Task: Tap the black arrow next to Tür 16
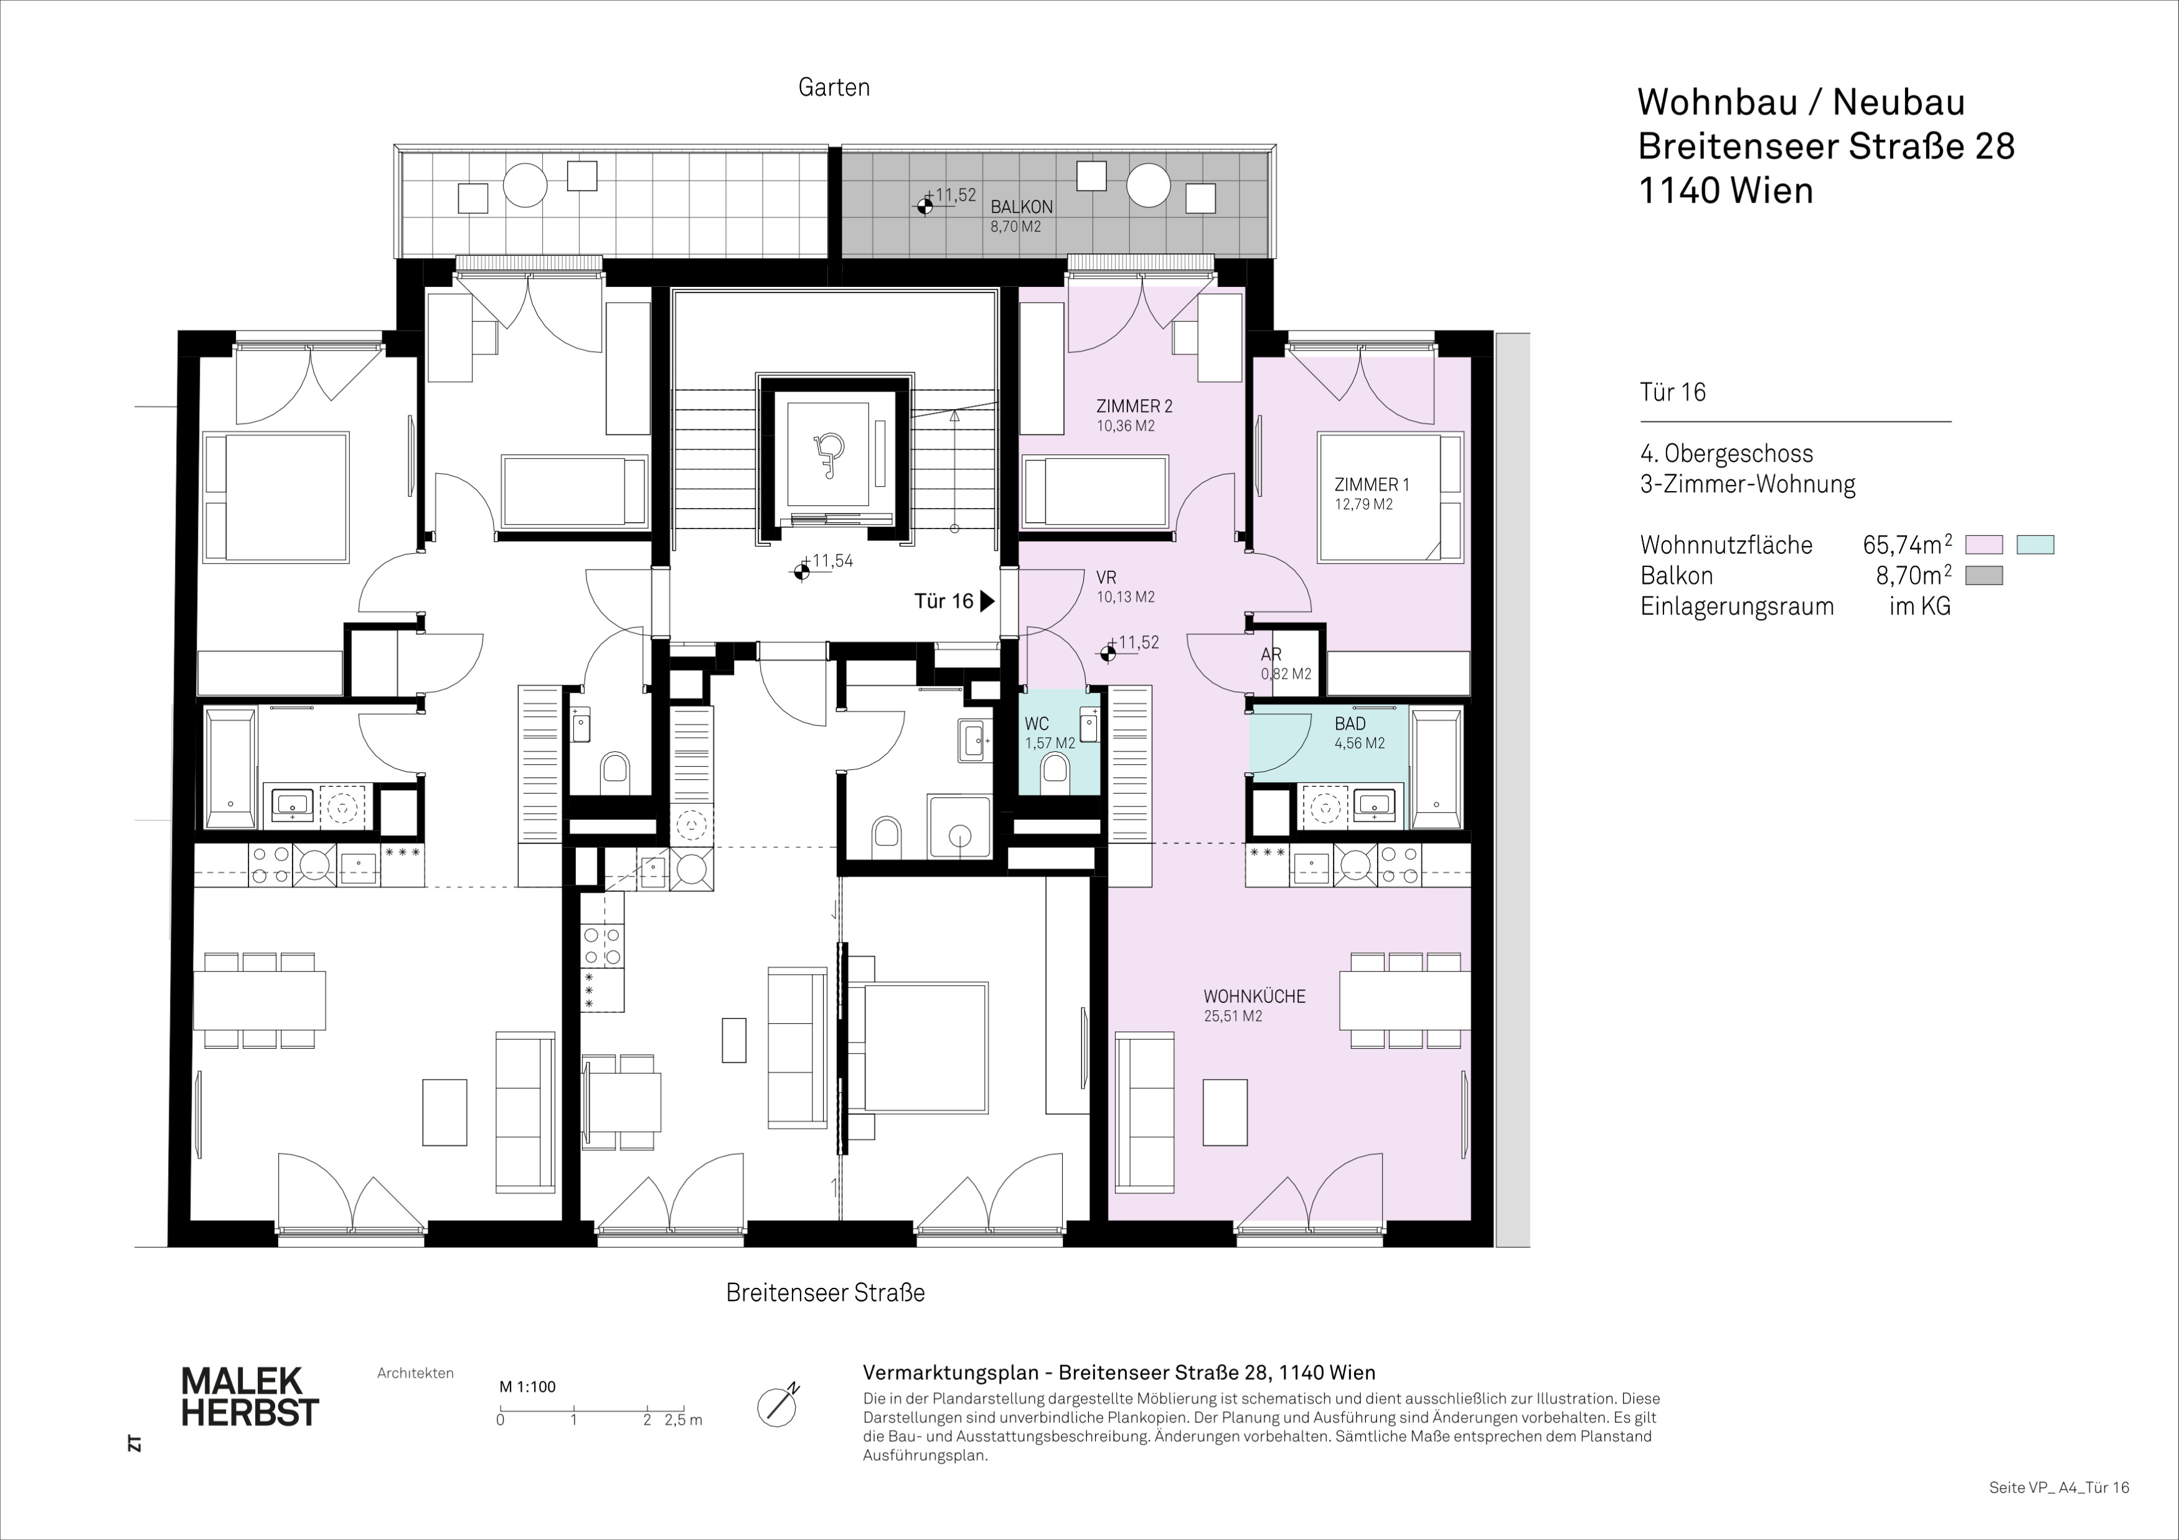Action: click(987, 601)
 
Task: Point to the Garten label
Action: click(834, 87)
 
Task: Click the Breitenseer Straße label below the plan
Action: click(826, 1292)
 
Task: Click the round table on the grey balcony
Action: click(1149, 185)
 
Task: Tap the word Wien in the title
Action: click(1772, 190)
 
